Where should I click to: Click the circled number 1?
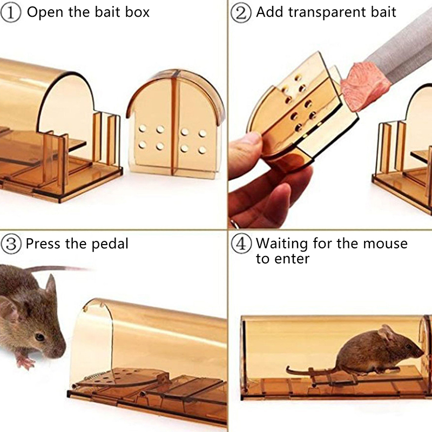point(11,13)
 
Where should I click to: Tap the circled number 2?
point(241,13)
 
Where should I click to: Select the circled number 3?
point(11,244)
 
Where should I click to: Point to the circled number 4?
point(241,244)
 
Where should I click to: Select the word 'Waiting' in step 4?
point(282,244)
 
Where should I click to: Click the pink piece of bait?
point(364,85)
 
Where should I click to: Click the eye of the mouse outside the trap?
point(39,337)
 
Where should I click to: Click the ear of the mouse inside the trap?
point(388,333)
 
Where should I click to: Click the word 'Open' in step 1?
point(46,12)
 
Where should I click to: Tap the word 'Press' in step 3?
point(43,244)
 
